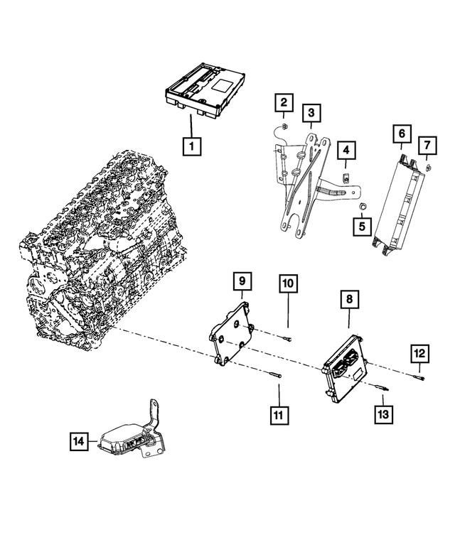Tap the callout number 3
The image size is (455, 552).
point(310,113)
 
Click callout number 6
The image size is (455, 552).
point(402,133)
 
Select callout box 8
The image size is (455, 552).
point(349,301)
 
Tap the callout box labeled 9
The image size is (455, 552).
point(242,282)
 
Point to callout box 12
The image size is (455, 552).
point(419,352)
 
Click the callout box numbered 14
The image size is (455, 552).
point(80,441)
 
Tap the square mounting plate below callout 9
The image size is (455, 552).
point(231,334)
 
